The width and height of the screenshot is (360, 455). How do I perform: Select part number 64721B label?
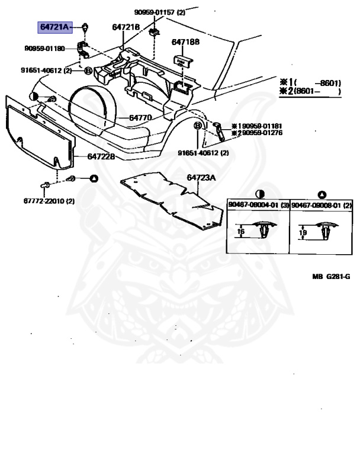126,27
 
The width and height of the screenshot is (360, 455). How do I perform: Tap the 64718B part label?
185,43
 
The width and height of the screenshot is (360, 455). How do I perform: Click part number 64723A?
202,178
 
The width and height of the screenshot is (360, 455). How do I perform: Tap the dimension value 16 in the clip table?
240,232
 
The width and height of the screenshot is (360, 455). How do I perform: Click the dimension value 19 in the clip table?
303,233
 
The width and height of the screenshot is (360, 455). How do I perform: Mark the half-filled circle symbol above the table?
259,194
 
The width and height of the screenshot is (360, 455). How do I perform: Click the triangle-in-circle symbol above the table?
322,194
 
